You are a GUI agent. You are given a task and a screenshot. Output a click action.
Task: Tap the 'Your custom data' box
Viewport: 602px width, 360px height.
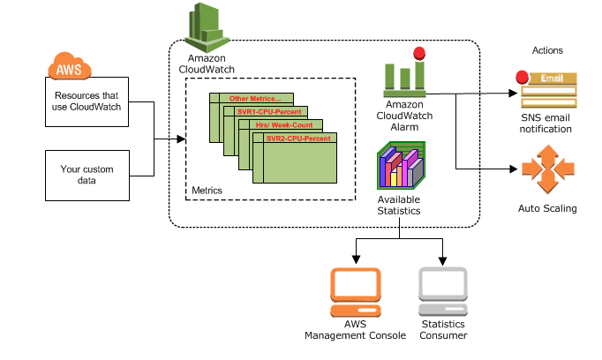[87, 174]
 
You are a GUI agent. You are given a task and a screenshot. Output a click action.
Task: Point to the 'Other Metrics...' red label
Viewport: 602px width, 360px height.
[254, 98]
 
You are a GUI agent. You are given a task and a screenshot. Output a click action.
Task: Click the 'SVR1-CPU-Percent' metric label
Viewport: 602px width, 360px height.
[270, 112]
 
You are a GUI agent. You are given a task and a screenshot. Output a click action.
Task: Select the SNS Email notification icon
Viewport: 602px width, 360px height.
[548, 91]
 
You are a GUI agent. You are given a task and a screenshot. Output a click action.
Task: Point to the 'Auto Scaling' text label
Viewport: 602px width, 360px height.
[547, 209]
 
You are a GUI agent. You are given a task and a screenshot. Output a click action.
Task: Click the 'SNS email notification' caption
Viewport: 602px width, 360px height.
[547, 123]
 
